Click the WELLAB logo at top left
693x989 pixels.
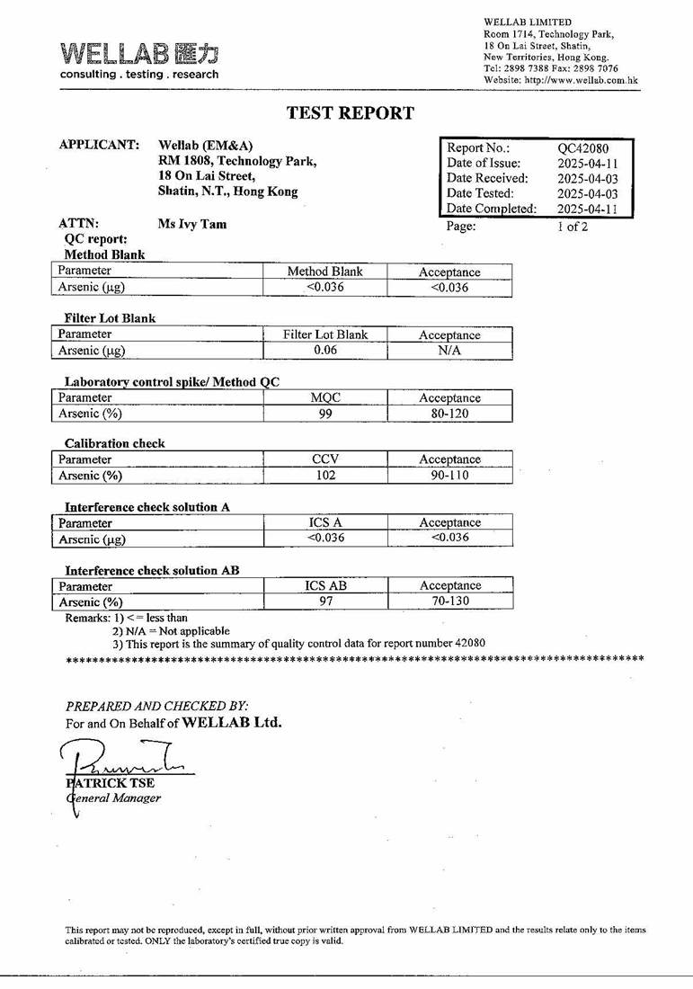tap(139, 59)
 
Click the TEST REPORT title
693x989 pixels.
tap(350, 113)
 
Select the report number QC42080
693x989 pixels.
tap(583, 148)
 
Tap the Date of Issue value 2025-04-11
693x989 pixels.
tap(588, 164)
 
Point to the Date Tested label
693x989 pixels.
tap(480, 193)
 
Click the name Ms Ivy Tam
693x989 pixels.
tap(191, 225)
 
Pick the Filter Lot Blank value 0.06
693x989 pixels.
tap(325, 351)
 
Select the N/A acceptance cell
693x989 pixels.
tap(449, 351)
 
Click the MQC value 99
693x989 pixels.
tap(325, 414)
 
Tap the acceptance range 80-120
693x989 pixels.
tap(449, 414)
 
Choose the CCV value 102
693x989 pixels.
tap(325, 476)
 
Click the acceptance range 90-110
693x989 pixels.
tap(449, 476)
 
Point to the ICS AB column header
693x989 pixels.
tap(325, 585)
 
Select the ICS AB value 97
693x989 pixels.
tap(325, 601)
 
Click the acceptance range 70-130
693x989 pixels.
tap(449, 601)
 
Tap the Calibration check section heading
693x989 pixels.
tap(114, 443)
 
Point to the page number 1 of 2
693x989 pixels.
tap(573, 227)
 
